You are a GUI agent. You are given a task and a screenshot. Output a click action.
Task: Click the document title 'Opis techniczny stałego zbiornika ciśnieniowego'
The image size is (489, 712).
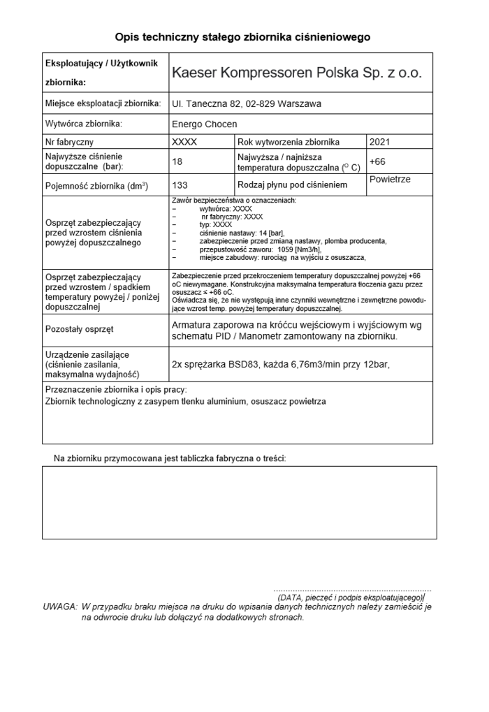(242, 36)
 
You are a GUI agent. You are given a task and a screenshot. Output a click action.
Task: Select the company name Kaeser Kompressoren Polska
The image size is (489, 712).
(297, 73)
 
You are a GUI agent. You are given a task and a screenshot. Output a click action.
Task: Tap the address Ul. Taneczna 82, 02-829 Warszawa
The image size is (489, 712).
(246, 104)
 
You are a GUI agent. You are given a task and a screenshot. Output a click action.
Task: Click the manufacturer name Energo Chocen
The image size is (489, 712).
(204, 124)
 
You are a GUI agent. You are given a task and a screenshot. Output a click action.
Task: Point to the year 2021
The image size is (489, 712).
(379, 142)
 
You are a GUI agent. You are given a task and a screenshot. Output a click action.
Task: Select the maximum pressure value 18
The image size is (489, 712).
(177, 161)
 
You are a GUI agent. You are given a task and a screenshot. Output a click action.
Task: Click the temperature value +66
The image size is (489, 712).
(377, 161)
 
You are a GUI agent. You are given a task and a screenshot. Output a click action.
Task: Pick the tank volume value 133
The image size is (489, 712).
(179, 185)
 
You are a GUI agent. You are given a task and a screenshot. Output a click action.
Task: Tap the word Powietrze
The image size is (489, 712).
(390, 180)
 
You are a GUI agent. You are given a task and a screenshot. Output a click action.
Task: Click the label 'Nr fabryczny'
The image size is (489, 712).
(68, 142)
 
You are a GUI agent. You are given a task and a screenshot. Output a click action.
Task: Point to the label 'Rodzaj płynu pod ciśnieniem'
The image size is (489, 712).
(292, 185)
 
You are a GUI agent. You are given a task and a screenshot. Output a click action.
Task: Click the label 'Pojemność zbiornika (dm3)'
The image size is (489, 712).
(96, 185)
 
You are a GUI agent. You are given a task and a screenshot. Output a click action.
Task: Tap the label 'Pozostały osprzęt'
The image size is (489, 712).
(79, 329)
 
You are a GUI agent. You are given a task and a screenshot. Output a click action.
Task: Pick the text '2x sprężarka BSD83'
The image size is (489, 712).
(219, 364)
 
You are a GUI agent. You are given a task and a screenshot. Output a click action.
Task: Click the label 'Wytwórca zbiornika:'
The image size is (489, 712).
(83, 124)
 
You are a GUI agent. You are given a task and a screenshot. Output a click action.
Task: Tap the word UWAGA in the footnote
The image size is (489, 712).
(59, 607)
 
